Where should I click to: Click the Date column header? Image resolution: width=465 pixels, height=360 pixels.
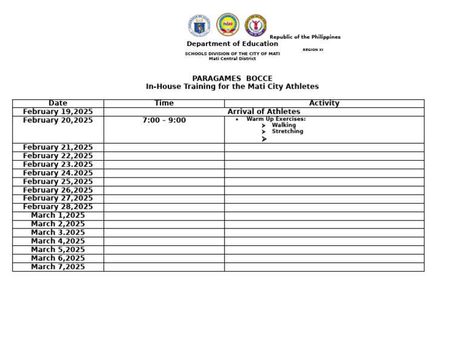58,103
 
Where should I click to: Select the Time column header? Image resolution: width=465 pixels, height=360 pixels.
164,103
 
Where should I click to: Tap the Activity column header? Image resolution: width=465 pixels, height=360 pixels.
324,103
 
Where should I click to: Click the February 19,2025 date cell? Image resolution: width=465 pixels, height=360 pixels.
58,112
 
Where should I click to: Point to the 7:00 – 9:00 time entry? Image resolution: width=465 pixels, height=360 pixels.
164,120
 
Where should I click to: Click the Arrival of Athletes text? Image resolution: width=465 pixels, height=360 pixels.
263,112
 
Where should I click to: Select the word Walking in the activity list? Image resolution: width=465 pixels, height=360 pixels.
284,125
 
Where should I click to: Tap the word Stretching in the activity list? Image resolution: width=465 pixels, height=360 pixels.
288,132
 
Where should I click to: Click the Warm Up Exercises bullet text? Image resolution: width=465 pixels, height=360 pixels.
275,119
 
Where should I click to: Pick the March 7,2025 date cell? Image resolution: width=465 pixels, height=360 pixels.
58,267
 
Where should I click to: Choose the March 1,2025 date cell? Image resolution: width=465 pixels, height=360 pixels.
58,215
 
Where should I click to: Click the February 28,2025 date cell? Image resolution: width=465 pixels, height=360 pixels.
58,207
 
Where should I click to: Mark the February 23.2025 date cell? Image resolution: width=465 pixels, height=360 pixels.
58,164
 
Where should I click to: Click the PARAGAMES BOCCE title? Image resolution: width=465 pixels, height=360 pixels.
232,78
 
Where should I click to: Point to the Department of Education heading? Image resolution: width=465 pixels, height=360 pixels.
232,44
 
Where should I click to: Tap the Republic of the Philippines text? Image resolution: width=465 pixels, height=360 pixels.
305,37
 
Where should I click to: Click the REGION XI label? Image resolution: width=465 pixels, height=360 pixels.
313,50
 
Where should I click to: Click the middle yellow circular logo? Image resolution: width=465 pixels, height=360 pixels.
228,25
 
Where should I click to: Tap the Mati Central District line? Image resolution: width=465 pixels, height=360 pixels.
232,59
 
